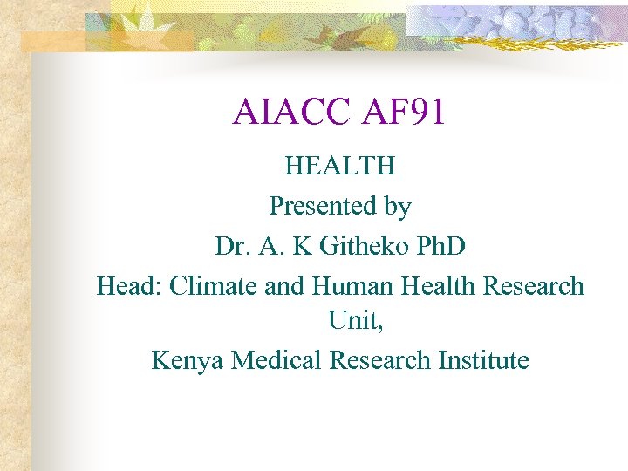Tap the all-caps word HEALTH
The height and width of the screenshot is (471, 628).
340,165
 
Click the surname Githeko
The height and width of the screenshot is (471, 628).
365,246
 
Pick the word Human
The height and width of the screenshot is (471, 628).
348,285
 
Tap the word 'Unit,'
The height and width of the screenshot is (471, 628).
356,322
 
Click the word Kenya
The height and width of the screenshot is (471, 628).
188,360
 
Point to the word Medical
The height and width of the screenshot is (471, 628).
277,359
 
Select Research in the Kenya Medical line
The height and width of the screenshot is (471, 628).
382,359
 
